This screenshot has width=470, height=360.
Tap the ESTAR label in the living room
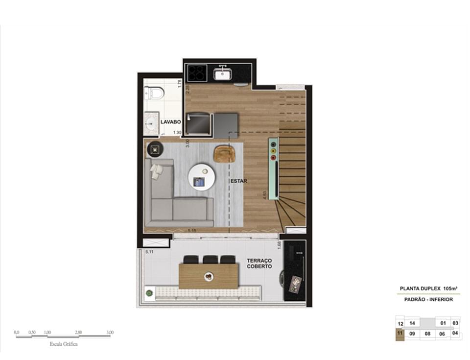click(239, 181)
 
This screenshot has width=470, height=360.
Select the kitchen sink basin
click(223, 74)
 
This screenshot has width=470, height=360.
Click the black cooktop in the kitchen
click(197, 73)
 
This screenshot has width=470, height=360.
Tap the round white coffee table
click(201, 177)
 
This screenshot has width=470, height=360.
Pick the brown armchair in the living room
click(225, 154)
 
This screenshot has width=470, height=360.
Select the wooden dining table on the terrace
click(209, 276)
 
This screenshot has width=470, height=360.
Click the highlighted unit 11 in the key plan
click(400, 334)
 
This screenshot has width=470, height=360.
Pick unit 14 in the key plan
click(412, 323)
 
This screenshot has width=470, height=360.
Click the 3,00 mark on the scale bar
click(110, 332)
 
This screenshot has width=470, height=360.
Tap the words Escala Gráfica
click(64, 344)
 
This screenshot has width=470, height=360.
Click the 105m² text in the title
click(450, 288)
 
